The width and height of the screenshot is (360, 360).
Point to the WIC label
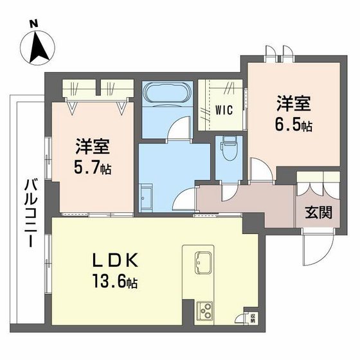click(224, 109)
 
